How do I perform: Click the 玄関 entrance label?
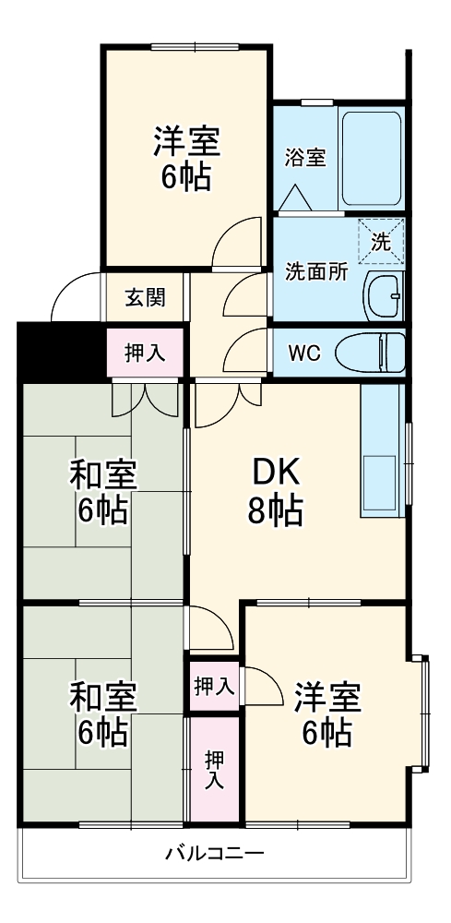coord(145,297)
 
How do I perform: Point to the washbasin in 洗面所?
coord(384,294)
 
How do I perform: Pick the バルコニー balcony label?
coord(215,853)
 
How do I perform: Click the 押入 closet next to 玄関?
coord(145,353)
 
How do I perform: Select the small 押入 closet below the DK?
coord(214,686)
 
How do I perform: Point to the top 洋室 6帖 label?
coord(185,159)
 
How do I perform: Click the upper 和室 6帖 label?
coord(102,492)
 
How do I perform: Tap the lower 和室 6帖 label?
coord(102,713)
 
